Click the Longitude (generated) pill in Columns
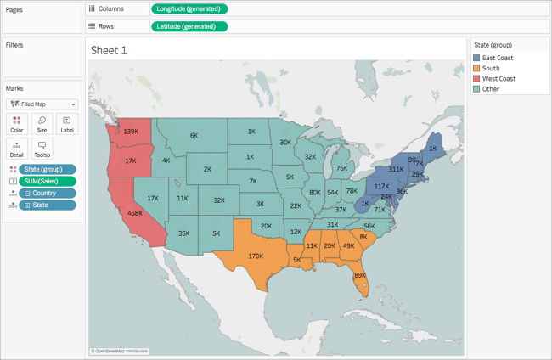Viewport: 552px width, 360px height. coord(189,9)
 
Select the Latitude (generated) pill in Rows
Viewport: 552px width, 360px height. coord(189,26)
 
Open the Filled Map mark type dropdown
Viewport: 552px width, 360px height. coord(42,104)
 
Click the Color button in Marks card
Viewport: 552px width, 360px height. coord(17,124)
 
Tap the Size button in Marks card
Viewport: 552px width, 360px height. coord(42,124)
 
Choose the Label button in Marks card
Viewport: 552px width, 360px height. coord(66,124)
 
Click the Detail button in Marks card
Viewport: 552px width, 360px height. coord(17,149)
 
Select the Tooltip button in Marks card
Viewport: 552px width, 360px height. coord(42,149)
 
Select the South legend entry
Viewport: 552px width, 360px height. coord(492,68)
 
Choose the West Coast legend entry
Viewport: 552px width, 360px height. coord(500,78)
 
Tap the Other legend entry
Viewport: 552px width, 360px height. coord(491,88)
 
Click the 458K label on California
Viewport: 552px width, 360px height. coord(134,213)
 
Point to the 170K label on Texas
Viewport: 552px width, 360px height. coord(255,255)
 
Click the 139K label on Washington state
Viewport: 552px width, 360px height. coord(130,132)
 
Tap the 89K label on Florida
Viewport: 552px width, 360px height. coord(360,275)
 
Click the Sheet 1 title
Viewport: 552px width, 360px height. coord(110,50)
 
